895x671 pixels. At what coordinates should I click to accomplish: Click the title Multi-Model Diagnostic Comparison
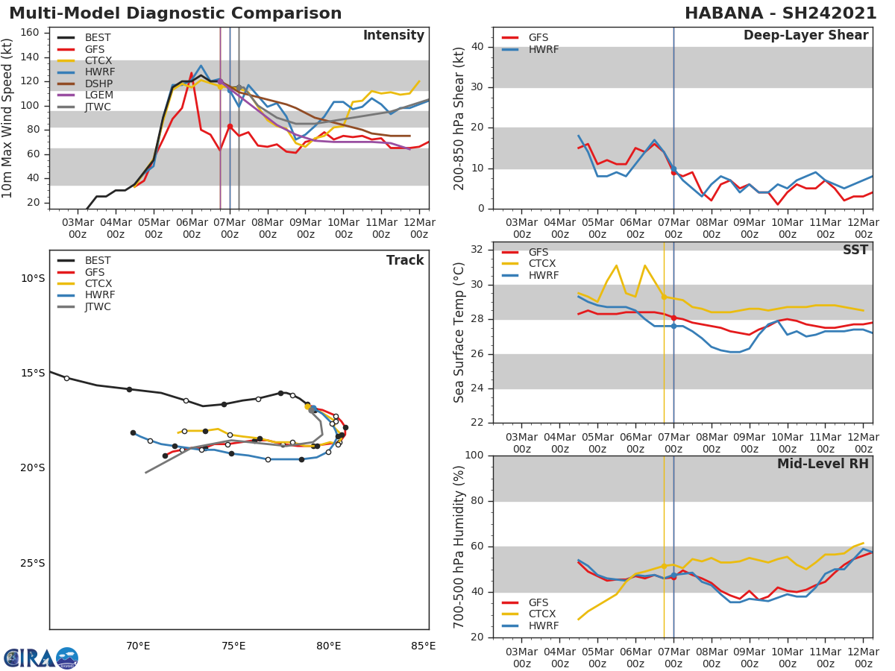pyautogui.click(x=175, y=13)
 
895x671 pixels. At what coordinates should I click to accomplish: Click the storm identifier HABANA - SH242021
pyautogui.click(x=780, y=13)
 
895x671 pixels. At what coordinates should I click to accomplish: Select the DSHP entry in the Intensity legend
pyautogui.click(x=98, y=84)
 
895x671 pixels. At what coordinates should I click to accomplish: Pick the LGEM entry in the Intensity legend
pyautogui.click(x=98, y=95)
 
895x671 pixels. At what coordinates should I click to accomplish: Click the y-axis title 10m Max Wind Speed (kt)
pyautogui.click(x=8, y=118)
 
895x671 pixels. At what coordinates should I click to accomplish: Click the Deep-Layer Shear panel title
pyautogui.click(x=805, y=36)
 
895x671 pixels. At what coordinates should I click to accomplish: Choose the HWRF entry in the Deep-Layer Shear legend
pyautogui.click(x=543, y=49)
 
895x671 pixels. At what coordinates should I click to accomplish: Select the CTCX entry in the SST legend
pyautogui.click(x=543, y=264)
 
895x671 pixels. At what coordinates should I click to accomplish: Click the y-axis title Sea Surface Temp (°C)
pyautogui.click(x=459, y=333)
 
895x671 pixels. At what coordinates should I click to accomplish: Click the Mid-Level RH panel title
pyautogui.click(x=823, y=464)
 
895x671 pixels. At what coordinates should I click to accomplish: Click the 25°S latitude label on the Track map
pyautogui.click(x=33, y=563)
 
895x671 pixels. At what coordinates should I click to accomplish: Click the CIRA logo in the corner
pyautogui.click(x=40, y=658)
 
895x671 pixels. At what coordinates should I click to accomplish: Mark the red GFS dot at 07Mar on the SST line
pyautogui.click(x=673, y=318)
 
